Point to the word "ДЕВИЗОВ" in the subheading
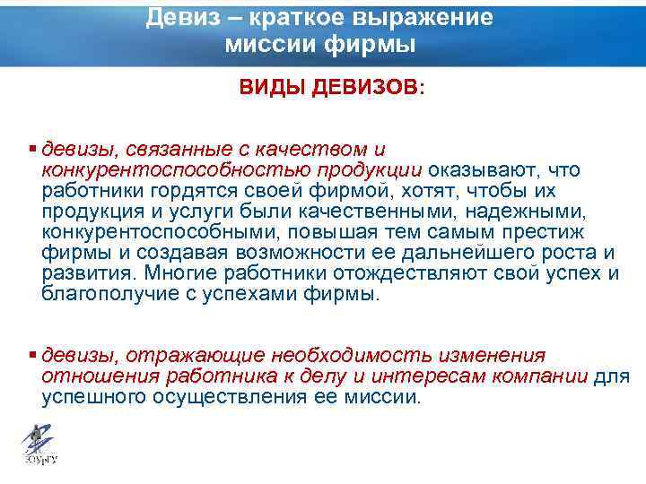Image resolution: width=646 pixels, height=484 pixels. [362, 88]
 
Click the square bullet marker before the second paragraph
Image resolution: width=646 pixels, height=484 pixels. [33, 355]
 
